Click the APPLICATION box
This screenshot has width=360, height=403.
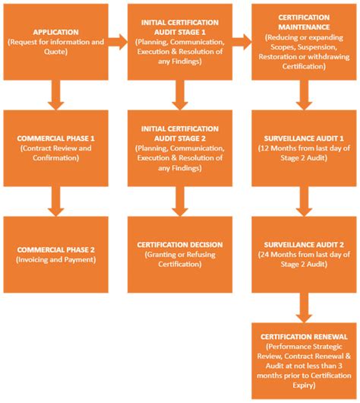click(54, 42)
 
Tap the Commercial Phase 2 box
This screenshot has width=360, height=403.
click(54, 254)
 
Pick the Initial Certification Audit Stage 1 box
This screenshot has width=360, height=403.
click(179, 42)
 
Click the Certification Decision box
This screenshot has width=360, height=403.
click(179, 254)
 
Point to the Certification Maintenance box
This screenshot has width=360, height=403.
click(304, 42)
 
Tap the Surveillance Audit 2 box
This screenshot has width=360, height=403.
click(304, 254)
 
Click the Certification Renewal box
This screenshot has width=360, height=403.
click(304, 360)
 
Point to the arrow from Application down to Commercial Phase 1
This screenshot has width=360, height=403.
click(54, 95)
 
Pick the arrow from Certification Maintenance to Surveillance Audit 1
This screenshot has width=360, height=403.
click(304, 95)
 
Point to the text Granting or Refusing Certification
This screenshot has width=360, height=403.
click(179, 260)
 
